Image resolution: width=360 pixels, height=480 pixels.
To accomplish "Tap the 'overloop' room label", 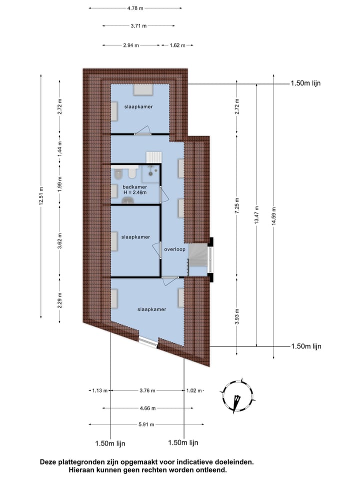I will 174,249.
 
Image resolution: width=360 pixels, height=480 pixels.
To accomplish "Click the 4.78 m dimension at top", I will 135,8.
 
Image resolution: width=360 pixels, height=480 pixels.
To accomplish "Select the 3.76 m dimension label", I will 146,390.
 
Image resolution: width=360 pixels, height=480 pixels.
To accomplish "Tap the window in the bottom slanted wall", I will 147,341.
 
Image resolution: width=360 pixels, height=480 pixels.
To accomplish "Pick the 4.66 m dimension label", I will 146,408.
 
